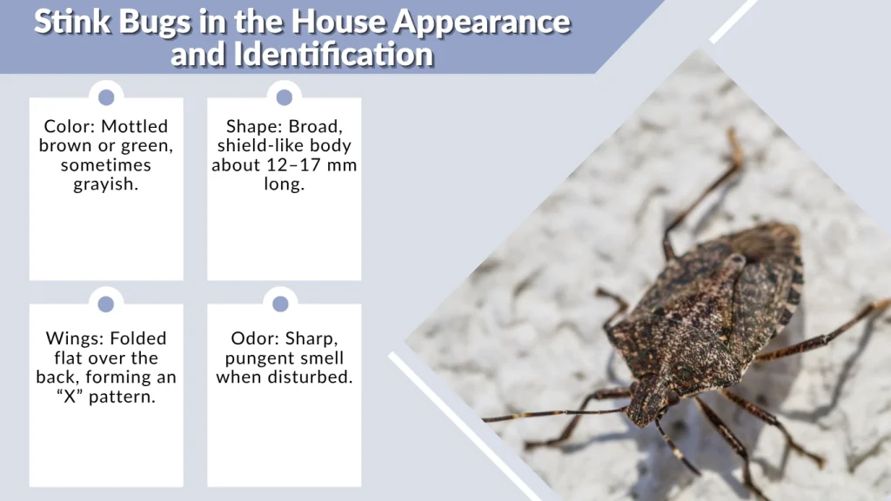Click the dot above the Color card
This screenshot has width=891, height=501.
click(x=106, y=97)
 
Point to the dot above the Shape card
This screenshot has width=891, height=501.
click(x=284, y=97)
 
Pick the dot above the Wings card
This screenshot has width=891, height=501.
click(x=106, y=304)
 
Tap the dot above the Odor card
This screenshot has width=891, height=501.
click(x=280, y=304)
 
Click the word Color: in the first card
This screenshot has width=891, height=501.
click(x=68, y=127)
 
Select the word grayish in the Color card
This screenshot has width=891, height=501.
click(x=105, y=184)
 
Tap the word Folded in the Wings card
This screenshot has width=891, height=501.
click(x=137, y=338)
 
